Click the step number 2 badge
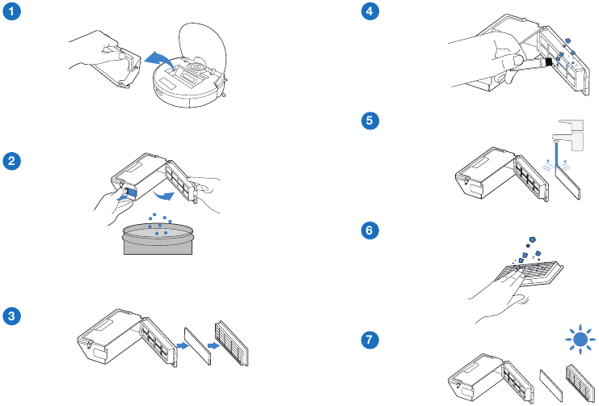click(x=13, y=162)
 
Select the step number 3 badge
click(x=13, y=316)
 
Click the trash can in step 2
click(x=158, y=239)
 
